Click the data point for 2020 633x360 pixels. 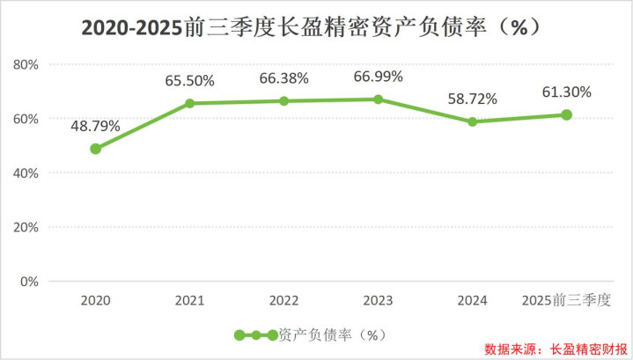pyautogui.click(x=95, y=149)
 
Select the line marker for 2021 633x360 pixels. pyautogui.click(x=189, y=103)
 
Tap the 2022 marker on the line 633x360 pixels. pyautogui.click(x=283, y=101)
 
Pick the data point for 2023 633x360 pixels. pyautogui.click(x=378, y=99)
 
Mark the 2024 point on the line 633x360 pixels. pyautogui.click(x=472, y=121)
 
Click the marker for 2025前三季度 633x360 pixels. pyautogui.click(x=566, y=114)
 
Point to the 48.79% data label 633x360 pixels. pyautogui.click(x=95, y=127)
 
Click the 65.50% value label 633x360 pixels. pyautogui.click(x=190, y=81)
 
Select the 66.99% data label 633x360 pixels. pyautogui.click(x=378, y=77)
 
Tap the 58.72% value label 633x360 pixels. pyautogui.click(x=472, y=99)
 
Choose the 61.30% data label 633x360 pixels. pyautogui.click(x=566, y=92)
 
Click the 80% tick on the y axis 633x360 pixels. pyautogui.click(x=26, y=64)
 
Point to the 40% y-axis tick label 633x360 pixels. pyautogui.click(x=26, y=173)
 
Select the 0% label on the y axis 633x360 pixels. pyautogui.click(x=30, y=282)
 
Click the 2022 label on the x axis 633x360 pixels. pyautogui.click(x=283, y=301)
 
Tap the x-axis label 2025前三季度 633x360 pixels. pyautogui.click(x=566, y=301)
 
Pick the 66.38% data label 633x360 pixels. pyautogui.click(x=283, y=78)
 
